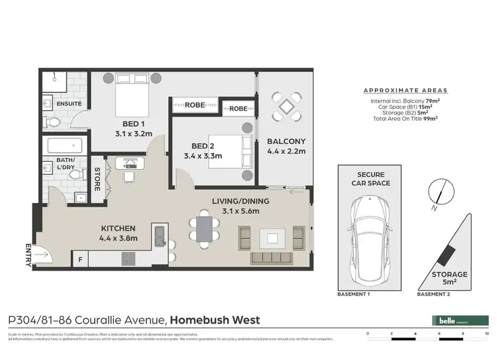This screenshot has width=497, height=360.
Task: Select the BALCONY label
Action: click(286, 141)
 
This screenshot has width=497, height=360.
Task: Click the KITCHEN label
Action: click(119, 227)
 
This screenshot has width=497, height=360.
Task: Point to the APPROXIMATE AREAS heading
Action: click(406, 90)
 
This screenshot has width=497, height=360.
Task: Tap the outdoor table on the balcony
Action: click(286, 106)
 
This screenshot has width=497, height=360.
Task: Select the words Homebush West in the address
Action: click(215, 320)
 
